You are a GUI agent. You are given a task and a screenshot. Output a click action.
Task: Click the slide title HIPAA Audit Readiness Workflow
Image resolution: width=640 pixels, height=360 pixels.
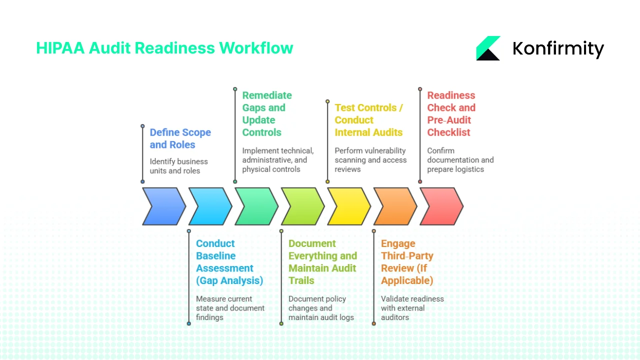pos(164,48)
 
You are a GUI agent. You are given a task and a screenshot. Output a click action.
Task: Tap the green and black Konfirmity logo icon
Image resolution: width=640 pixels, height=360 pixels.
pos(488,48)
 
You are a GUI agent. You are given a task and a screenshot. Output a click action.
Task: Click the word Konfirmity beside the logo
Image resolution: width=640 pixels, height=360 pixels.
pos(558,48)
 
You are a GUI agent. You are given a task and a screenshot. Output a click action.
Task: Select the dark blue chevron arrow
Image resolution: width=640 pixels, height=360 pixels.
pos(162,206)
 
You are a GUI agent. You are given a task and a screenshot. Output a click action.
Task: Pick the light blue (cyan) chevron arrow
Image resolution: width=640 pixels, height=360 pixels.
pos(209,206)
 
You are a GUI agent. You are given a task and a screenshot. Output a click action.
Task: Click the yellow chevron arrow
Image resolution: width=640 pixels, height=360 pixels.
pos(348,206)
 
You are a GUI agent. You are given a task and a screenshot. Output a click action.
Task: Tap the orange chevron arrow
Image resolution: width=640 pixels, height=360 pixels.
pos(394,206)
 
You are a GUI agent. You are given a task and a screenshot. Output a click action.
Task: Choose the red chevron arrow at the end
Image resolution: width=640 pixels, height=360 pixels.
pos(440,206)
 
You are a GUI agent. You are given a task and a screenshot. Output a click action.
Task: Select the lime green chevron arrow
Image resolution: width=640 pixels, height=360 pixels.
pos(301,206)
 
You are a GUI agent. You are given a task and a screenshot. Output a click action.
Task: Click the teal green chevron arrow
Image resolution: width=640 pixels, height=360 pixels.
pos(255,206)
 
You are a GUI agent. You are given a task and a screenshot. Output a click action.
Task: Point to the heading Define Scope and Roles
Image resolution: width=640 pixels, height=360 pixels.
pos(180,138)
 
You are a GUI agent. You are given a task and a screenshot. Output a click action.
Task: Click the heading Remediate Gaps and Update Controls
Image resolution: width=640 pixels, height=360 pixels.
pos(266,113)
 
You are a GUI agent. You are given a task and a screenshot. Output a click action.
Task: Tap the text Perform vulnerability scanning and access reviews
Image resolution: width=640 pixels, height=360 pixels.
pos(370,160)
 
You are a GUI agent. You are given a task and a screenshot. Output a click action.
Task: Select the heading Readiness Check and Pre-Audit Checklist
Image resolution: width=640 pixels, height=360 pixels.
pos(451,113)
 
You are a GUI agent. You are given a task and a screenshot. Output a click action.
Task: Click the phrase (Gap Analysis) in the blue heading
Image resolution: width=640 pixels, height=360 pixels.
pos(229,280)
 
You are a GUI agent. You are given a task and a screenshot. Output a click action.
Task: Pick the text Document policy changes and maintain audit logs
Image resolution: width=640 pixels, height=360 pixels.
pos(320,308)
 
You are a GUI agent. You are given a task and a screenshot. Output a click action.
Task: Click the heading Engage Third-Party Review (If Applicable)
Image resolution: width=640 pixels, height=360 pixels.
pos(406,262)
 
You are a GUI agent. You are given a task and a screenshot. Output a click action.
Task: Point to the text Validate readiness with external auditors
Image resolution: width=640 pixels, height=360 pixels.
pos(411,308)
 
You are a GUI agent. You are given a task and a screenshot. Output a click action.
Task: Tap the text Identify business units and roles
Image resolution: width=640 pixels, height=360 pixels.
pos(178,166)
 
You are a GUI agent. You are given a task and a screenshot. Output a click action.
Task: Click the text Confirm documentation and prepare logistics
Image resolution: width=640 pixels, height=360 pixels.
pos(459,160)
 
